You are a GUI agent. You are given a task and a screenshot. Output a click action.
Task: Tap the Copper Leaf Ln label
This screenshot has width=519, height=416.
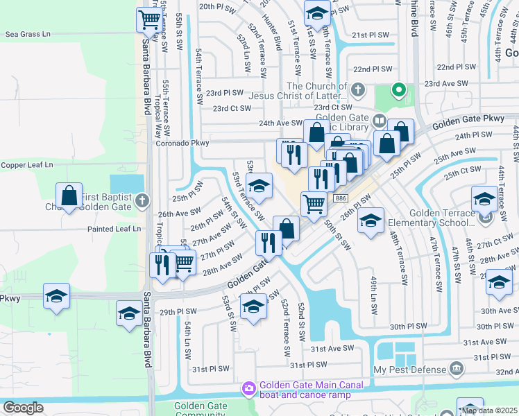click(x=27, y=165)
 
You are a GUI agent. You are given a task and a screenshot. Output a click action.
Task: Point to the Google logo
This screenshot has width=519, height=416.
click(x=23, y=408)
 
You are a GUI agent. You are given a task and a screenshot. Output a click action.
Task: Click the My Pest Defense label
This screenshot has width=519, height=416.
click(x=411, y=370)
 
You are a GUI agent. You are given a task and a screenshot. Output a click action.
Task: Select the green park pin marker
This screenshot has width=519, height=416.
click(x=398, y=90)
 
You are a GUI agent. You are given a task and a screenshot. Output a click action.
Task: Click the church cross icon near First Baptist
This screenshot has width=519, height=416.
click(x=142, y=201)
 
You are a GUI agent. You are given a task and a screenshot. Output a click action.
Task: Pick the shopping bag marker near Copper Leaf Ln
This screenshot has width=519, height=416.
click(x=69, y=196)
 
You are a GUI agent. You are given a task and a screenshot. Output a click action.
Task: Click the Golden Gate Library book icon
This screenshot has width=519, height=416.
click(x=379, y=121)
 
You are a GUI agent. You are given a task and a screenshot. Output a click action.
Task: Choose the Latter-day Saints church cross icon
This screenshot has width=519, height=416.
click(x=357, y=90)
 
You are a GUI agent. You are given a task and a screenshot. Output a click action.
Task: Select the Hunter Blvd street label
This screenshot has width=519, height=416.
click(x=272, y=33)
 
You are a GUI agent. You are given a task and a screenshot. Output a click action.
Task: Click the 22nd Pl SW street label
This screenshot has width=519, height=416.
click(x=373, y=69)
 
